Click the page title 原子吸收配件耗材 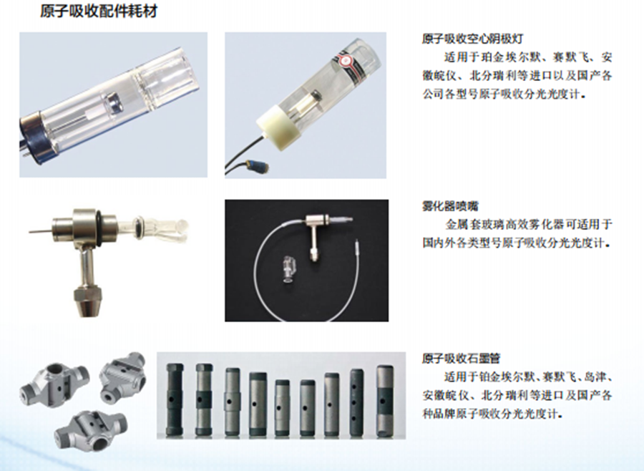(99, 11)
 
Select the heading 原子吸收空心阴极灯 (472, 39)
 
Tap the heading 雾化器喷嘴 (450, 205)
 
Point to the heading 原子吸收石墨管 (462, 359)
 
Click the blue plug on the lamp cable (257, 165)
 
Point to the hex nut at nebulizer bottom (88, 302)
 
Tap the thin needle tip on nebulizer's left (40, 230)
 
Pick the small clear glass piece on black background (288, 269)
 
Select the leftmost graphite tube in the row (174, 399)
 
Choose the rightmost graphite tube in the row (385, 401)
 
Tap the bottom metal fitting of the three (91, 429)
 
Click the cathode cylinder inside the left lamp (112, 101)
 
